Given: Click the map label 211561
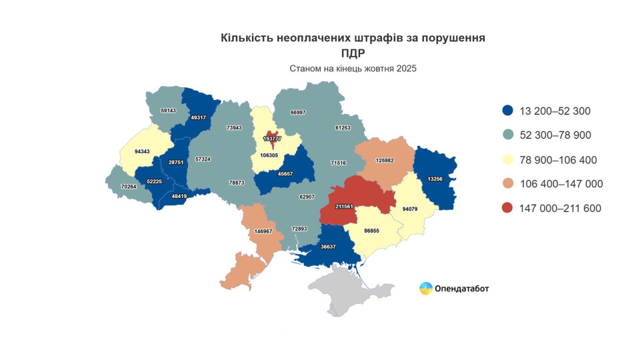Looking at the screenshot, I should tap(345, 207).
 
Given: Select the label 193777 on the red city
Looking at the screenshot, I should tap(272, 139).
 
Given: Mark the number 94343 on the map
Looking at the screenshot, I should tap(142, 151).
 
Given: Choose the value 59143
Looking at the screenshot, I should tap(168, 110).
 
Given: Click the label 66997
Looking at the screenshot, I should tap(297, 112).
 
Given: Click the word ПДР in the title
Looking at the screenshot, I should tap(353, 53).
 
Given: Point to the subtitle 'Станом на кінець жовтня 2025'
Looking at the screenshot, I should tap(353, 69).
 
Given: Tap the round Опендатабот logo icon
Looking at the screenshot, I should tap(425, 288).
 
